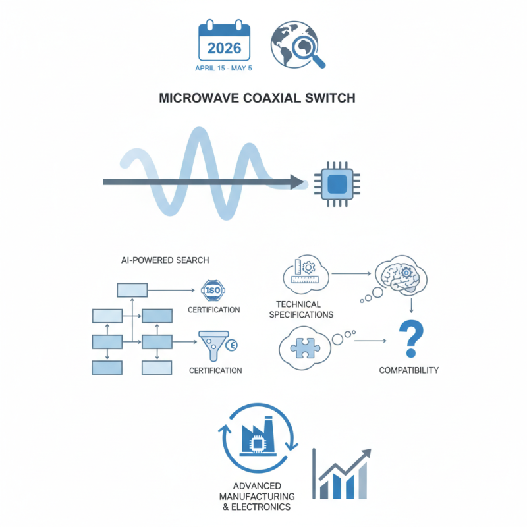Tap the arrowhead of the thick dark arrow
(298, 182)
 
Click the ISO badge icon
(210, 291)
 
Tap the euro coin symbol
(231, 345)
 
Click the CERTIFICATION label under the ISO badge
(214, 310)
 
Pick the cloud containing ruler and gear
(304, 273)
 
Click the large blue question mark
(410, 337)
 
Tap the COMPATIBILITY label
(408, 370)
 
